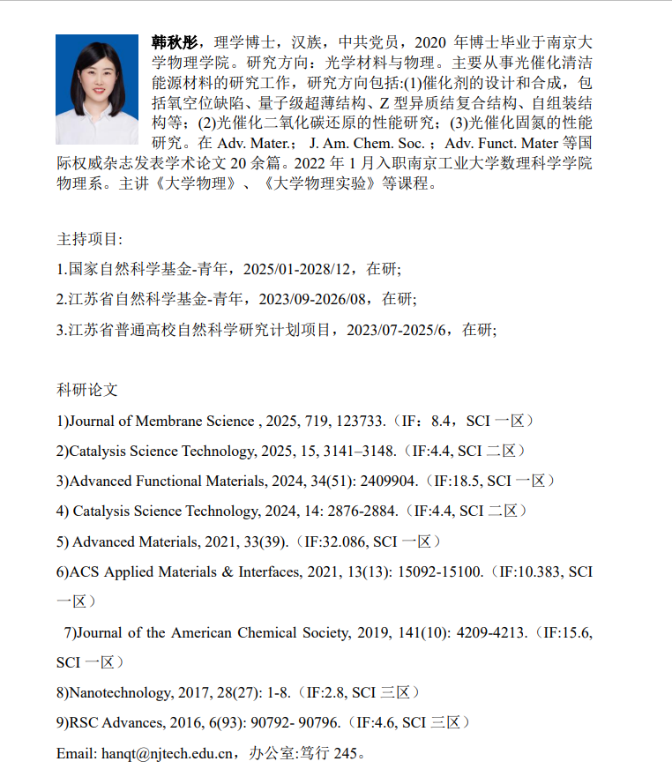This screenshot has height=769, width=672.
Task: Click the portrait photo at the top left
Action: pyautogui.click(x=97, y=89)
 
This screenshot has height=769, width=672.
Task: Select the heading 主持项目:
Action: pyautogui.click(x=90, y=239)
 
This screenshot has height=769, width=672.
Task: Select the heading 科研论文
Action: pyautogui.click(x=87, y=390)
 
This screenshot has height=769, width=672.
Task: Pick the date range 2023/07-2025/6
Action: pyautogui.click(x=401, y=329)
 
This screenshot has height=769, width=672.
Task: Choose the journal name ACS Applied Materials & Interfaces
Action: pyautogui.click(x=184, y=571)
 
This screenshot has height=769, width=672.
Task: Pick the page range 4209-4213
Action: pyautogui.click(x=482, y=632)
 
